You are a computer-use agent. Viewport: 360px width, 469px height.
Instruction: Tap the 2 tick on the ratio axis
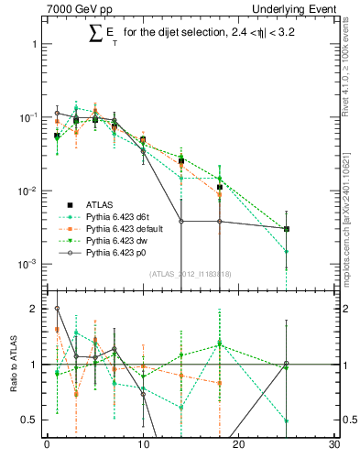pos(34,309)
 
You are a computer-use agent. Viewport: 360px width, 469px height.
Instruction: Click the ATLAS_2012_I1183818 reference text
pos(191,274)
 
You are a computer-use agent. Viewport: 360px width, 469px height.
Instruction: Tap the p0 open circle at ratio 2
pos(57,309)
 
